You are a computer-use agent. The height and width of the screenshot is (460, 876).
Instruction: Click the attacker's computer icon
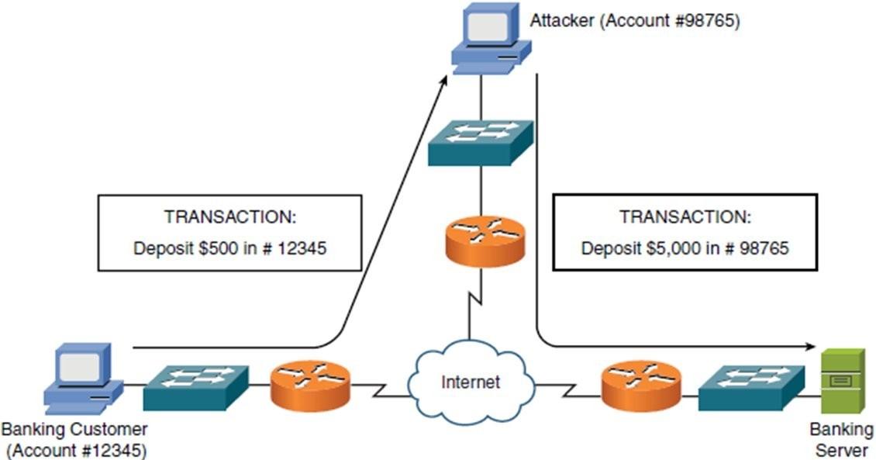(x=490, y=43)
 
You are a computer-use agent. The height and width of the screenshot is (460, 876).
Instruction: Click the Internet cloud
(x=470, y=380)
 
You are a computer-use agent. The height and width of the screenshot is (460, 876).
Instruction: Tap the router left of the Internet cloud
(x=310, y=385)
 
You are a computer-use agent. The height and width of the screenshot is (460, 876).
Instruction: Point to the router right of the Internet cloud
(x=640, y=385)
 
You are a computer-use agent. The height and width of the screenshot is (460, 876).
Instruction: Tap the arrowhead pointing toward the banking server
(x=812, y=347)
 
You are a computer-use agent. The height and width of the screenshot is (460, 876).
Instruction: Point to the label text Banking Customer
(x=74, y=429)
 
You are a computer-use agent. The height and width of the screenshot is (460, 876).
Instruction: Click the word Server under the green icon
(x=841, y=449)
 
